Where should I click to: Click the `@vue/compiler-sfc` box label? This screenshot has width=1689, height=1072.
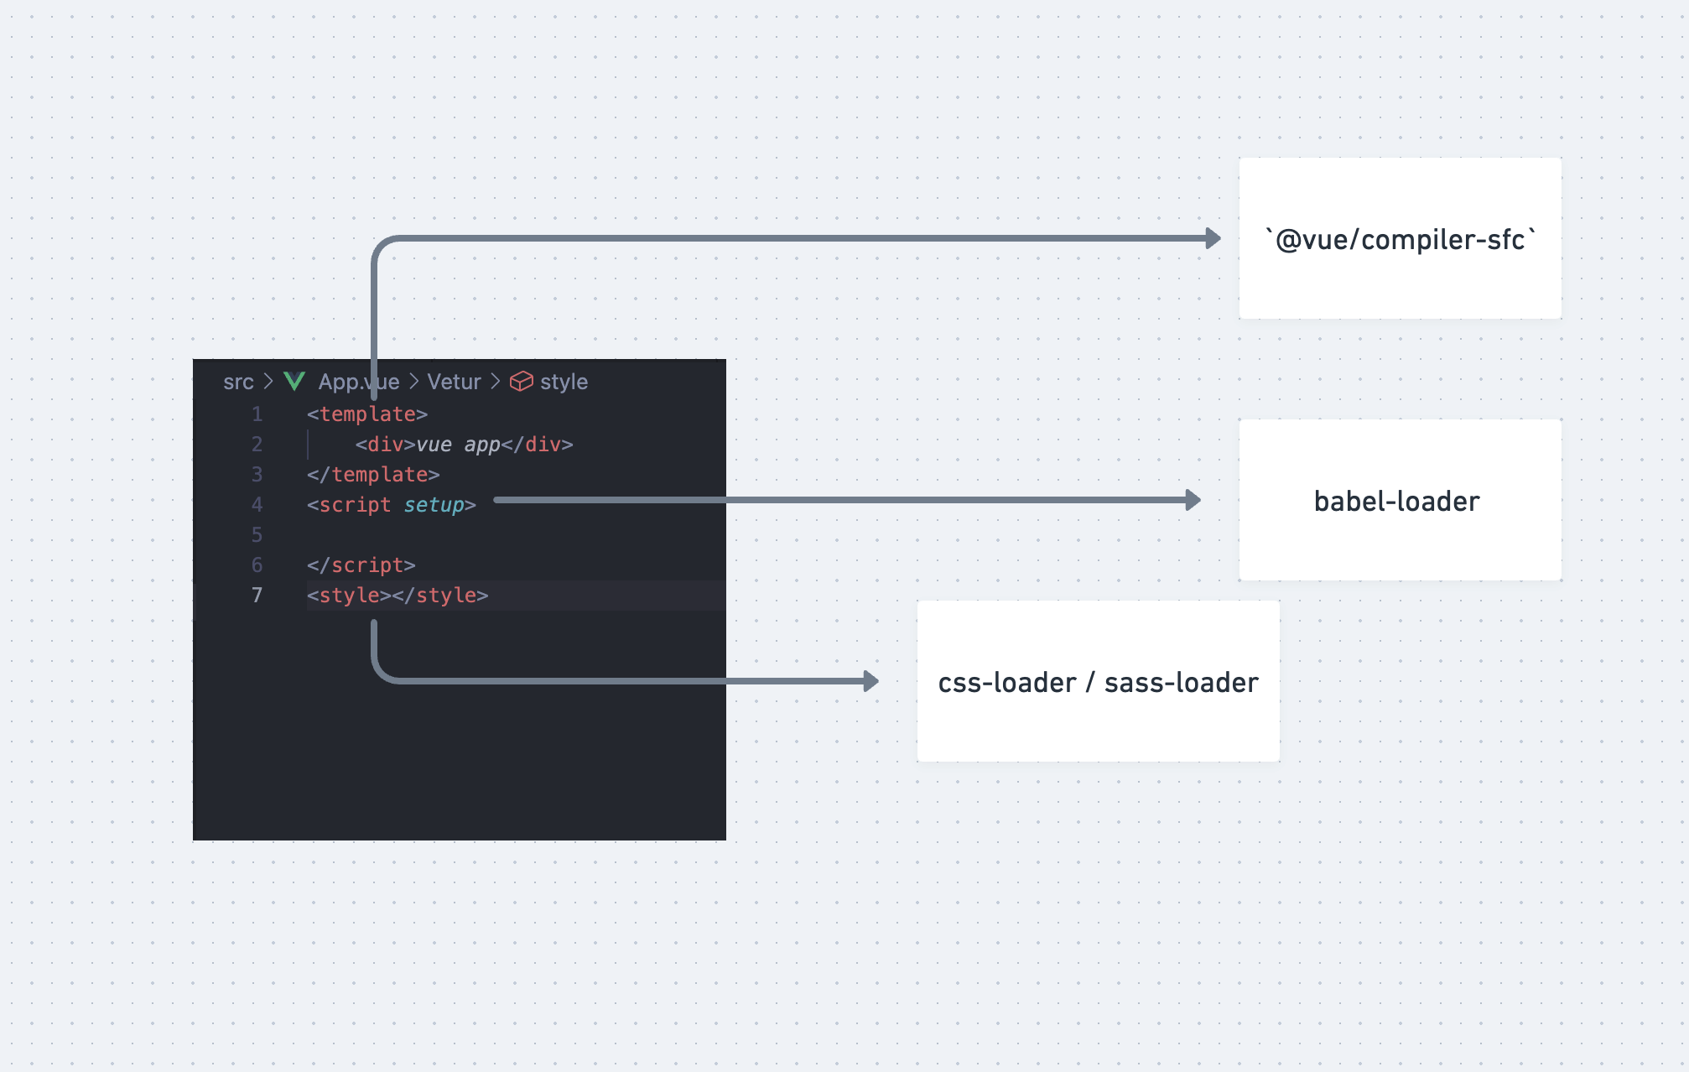pyautogui.click(x=1401, y=240)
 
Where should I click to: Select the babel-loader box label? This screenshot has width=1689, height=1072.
pyautogui.click(x=1396, y=502)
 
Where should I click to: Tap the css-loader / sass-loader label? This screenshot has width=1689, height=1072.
pyautogui.click(x=1098, y=683)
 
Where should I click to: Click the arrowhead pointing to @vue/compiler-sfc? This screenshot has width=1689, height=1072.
pyautogui.click(x=1213, y=238)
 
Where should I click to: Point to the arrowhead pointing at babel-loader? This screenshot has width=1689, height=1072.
pyautogui.click(x=1193, y=500)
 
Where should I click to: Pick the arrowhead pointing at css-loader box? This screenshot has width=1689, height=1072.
pyautogui.click(x=871, y=681)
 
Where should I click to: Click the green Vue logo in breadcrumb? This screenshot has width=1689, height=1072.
pyautogui.click(x=294, y=382)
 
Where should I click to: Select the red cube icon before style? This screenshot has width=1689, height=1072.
pyautogui.click(x=522, y=382)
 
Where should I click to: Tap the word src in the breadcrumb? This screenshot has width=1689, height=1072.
pyautogui.click(x=238, y=382)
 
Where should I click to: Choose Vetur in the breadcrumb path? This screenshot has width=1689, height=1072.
pyautogui.click(x=454, y=382)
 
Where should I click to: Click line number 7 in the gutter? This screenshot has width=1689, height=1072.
pyautogui.click(x=257, y=596)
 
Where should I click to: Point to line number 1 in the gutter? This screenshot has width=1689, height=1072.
pyautogui.click(x=257, y=414)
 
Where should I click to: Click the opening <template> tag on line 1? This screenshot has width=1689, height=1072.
pyautogui.click(x=367, y=414)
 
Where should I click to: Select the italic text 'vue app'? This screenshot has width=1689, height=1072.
pyautogui.click(x=458, y=445)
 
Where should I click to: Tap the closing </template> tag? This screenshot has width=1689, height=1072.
pyautogui.click(x=373, y=475)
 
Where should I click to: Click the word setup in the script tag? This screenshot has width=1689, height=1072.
pyautogui.click(x=434, y=505)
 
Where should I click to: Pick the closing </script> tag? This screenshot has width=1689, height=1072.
pyautogui.click(x=361, y=565)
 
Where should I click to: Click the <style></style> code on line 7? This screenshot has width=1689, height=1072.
pyautogui.click(x=398, y=596)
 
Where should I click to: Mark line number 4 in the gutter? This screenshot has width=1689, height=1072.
pyautogui.click(x=257, y=505)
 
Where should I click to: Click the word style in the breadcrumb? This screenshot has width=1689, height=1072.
pyautogui.click(x=564, y=382)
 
